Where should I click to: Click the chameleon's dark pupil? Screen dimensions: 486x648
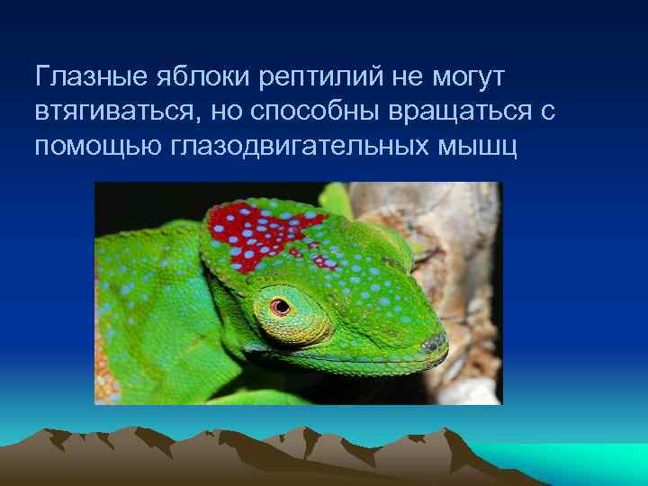click(282, 306)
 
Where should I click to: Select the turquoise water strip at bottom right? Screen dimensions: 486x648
click(576, 454)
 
